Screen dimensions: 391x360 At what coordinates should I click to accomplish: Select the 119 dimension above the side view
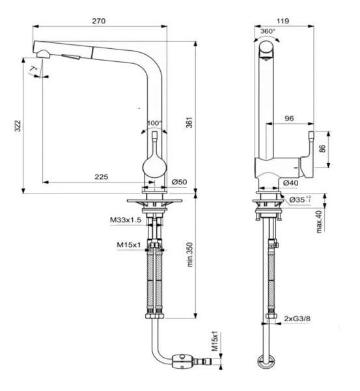(x=283, y=20)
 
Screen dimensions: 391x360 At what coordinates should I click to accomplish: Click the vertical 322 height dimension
(x=18, y=125)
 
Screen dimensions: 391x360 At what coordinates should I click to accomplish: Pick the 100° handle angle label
(x=154, y=122)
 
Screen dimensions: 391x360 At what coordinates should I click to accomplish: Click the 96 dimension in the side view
(x=289, y=119)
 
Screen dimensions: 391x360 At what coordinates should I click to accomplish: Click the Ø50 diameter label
(x=180, y=182)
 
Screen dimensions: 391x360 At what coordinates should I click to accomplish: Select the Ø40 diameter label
(x=291, y=183)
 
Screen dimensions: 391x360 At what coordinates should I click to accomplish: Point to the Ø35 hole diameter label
(x=300, y=199)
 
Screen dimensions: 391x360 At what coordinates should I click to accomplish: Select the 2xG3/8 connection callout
(x=298, y=318)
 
